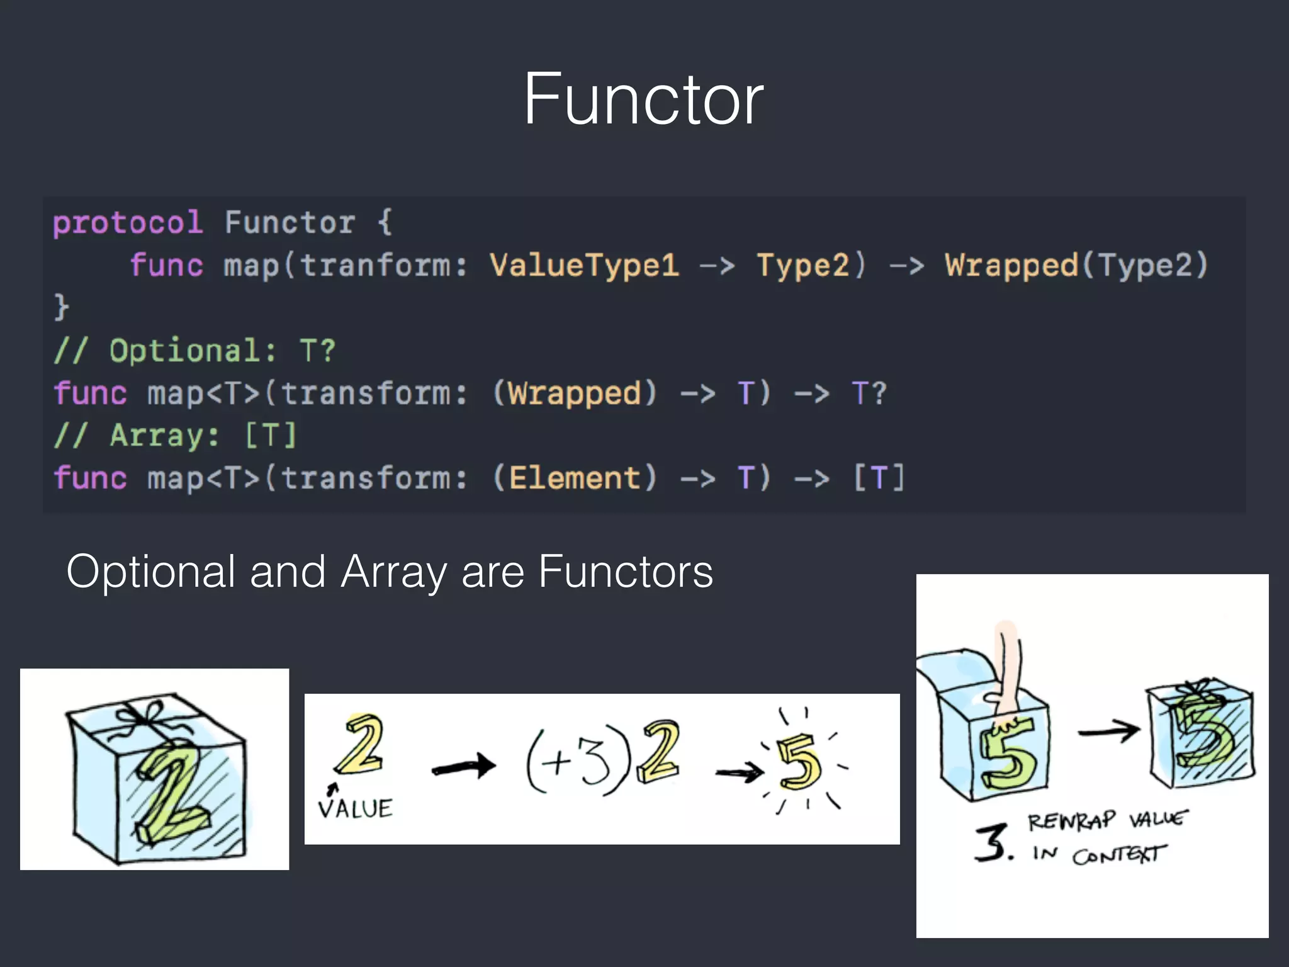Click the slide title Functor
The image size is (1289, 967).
click(643, 99)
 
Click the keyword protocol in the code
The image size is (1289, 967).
click(128, 223)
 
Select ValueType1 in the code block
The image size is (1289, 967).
click(584, 265)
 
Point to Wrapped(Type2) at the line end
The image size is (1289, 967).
click(1076, 265)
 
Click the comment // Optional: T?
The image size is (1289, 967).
click(194, 351)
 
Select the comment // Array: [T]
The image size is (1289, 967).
click(174, 436)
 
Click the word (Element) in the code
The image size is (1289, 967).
click(575, 478)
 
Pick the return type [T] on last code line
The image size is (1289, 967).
click(879, 478)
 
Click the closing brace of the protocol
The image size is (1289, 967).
click(60, 307)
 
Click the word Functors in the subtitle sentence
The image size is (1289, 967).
click(626, 572)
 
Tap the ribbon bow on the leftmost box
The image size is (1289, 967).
click(146, 715)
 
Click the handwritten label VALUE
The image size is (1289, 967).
click(356, 808)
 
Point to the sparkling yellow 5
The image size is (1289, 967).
click(799, 764)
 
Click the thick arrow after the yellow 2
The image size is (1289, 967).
click(464, 766)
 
